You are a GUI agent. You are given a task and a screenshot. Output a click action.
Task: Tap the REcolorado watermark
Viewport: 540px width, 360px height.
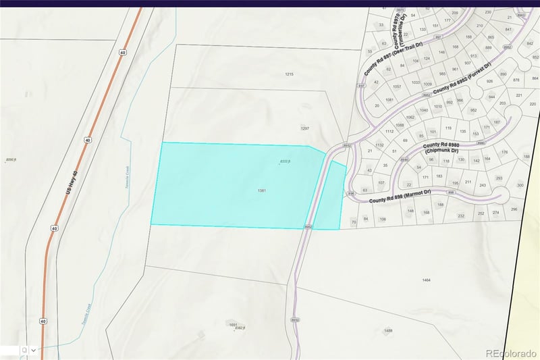(x=511, y=353)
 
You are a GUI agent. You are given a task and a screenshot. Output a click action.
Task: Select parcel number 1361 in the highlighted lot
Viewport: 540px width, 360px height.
(x=262, y=191)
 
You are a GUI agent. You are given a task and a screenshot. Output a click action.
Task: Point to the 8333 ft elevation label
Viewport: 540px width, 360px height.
(x=285, y=162)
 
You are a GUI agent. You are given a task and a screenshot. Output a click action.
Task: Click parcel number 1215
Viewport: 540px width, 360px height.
(x=289, y=74)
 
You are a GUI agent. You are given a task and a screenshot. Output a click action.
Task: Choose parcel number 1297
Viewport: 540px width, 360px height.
(x=304, y=128)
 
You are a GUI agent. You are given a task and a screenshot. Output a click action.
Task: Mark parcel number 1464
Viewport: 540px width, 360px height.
(x=426, y=280)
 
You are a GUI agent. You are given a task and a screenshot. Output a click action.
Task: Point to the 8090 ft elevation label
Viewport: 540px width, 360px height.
(x=10, y=160)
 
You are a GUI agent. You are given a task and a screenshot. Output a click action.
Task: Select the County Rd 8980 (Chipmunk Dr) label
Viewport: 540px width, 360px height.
(x=440, y=148)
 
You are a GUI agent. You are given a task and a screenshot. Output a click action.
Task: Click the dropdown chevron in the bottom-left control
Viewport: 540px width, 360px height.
(x=33, y=351)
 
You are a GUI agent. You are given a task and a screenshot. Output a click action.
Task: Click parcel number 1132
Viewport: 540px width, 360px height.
(x=379, y=145)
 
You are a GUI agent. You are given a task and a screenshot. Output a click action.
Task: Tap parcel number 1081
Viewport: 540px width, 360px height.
(x=389, y=100)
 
